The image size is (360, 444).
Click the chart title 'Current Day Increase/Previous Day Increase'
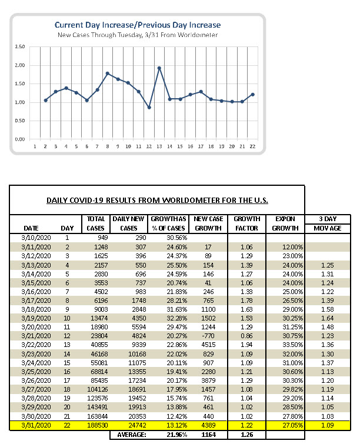click(x=138, y=25)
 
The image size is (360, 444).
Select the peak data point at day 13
click(x=159, y=68)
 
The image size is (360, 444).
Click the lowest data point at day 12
click(x=149, y=108)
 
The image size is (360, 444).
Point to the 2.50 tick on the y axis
click(x=20, y=46)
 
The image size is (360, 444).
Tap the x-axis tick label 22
click(x=252, y=146)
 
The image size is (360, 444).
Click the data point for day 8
click(x=108, y=74)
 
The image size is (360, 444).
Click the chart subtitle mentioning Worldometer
click(x=138, y=35)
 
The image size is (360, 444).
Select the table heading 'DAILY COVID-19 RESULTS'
click(x=157, y=200)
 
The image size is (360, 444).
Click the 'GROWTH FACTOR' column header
click(x=246, y=223)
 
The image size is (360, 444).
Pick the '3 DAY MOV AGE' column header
click(x=328, y=223)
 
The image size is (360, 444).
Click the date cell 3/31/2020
click(x=36, y=425)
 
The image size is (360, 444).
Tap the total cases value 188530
click(x=97, y=425)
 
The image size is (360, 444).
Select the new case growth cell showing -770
click(x=208, y=336)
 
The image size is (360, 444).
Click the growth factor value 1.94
click(x=246, y=345)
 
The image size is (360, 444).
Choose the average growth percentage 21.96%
click(x=176, y=435)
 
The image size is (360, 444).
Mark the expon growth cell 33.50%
click(x=292, y=345)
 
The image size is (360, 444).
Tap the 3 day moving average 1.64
click(x=328, y=318)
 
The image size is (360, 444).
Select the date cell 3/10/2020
click(x=36, y=238)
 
